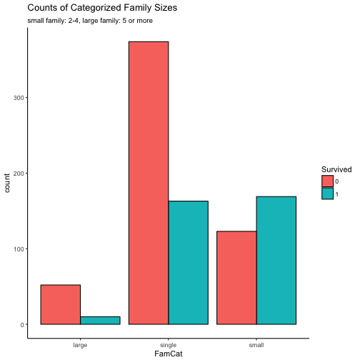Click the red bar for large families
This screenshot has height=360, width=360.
point(60,304)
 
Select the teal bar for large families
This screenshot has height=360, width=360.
point(100,320)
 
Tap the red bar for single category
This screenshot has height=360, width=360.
point(148,183)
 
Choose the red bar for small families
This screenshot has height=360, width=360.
point(236,277)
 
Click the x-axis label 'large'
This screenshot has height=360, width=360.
point(80,344)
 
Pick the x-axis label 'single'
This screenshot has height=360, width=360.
point(168,344)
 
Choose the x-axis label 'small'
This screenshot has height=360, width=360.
point(256,344)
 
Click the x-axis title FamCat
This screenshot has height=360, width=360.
point(168,354)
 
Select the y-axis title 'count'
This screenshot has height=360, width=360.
point(7,183)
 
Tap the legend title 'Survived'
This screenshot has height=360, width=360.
point(336,169)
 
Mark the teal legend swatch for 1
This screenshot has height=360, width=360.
point(327,193)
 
